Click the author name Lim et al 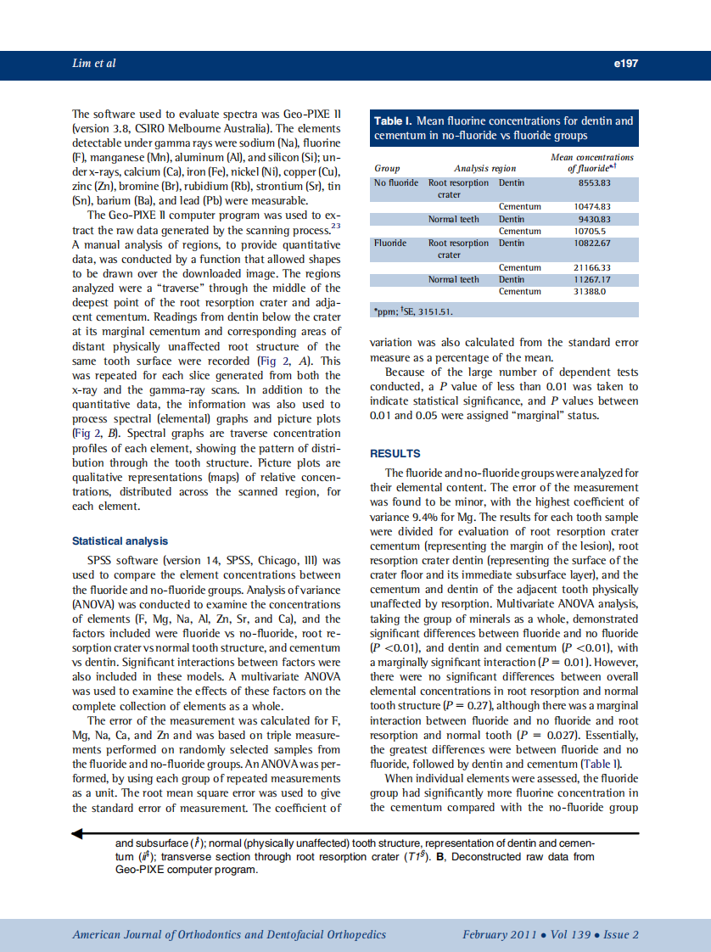(94, 64)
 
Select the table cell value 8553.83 (595, 183)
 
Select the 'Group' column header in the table (387, 169)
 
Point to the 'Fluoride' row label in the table (390, 244)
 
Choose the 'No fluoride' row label (396, 183)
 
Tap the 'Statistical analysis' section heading (120, 541)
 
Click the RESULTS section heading (395, 454)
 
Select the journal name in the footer (229, 935)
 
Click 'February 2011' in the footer (499, 935)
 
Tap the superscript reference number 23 (336, 226)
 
